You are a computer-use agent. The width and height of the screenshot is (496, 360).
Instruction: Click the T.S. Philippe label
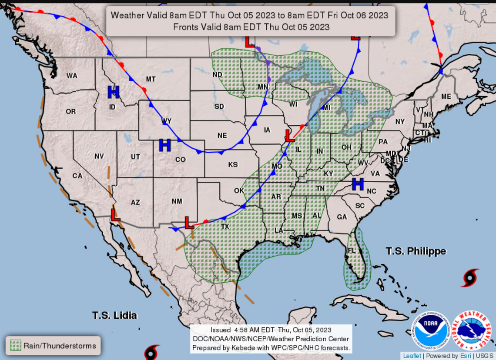tap(416, 251)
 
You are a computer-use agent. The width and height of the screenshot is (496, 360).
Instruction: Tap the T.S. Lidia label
tap(114, 315)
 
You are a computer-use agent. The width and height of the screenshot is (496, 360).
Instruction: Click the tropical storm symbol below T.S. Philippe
tap(470, 278)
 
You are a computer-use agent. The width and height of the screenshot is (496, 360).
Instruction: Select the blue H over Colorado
tap(165, 145)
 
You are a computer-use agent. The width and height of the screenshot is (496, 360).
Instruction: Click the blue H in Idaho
tap(113, 92)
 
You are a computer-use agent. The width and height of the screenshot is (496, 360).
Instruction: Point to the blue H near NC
tap(358, 184)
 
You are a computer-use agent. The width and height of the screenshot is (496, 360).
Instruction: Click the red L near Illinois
tap(289, 135)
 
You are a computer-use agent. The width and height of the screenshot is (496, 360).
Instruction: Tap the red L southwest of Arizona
tap(115, 214)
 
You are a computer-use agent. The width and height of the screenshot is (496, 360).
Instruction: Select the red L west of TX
tap(189, 223)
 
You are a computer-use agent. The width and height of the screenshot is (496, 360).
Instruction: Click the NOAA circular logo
tap(431, 331)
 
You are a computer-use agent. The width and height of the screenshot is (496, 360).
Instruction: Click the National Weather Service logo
tap(472, 331)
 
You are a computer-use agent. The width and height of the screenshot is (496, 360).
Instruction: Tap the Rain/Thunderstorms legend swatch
tap(16, 346)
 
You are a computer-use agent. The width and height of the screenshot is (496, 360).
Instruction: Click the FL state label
tap(352, 251)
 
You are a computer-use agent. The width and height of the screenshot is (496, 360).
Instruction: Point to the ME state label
tap(446, 97)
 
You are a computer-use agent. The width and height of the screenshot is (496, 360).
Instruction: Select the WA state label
tap(72, 76)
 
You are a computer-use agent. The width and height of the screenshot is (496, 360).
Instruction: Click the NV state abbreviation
tap(99, 156)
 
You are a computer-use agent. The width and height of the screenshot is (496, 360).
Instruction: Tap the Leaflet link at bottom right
tap(412, 356)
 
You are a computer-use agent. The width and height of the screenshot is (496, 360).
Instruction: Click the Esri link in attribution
tap(465, 356)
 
